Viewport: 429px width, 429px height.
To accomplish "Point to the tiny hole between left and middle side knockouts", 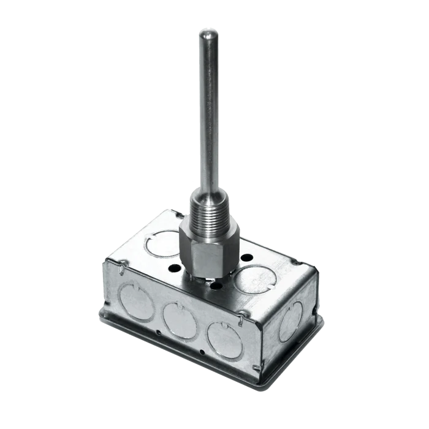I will [x=158, y=332].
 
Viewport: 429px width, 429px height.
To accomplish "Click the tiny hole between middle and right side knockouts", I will [x=202, y=352].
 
